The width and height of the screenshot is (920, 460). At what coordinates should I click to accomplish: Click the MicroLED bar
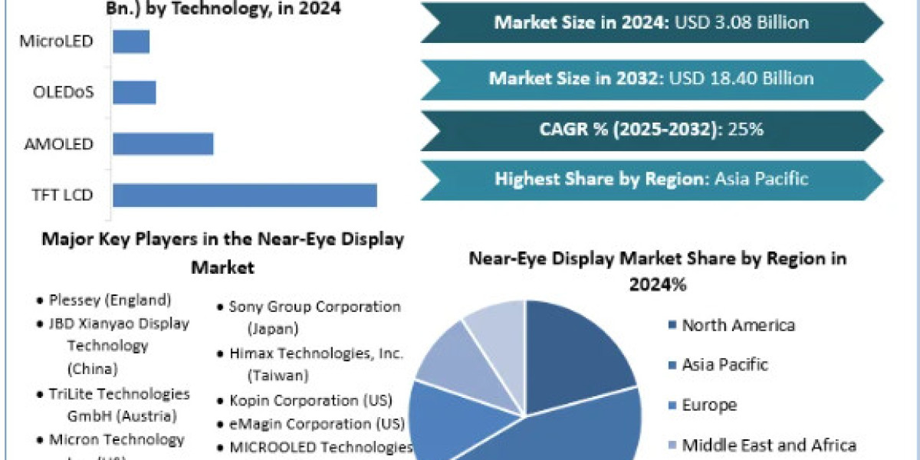pyautogui.click(x=131, y=41)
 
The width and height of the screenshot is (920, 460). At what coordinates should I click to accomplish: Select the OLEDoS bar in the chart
pyautogui.click(x=134, y=92)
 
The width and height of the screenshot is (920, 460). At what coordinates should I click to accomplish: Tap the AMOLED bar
pyautogui.click(x=163, y=143)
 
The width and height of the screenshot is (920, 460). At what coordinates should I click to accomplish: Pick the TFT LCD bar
pyautogui.click(x=245, y=195)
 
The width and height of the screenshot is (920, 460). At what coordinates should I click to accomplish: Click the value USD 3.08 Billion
pyautogui.click(x=741, y=22)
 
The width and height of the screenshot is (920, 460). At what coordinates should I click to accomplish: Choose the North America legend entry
pyautogui.click(x=738, y=325)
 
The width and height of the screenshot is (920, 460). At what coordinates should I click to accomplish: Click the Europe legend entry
pyautogui.click(x=709, y=405)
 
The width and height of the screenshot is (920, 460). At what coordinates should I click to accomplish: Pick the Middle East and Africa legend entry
pyautogui.click(x=768, y=445)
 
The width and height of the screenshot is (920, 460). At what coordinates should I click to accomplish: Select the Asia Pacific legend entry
pyautogui.click(x=724, y=364)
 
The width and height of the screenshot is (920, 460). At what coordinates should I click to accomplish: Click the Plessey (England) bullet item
pyautogui.click(x=110, y=300)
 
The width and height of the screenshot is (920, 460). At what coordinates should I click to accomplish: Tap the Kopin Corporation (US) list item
pyautogui.click(x=310, y=400)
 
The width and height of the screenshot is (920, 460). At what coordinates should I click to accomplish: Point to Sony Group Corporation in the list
pyautogui.click(x=314, y=307)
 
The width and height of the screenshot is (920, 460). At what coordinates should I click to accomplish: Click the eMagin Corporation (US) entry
pyautogui.click(x=316, y=423)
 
